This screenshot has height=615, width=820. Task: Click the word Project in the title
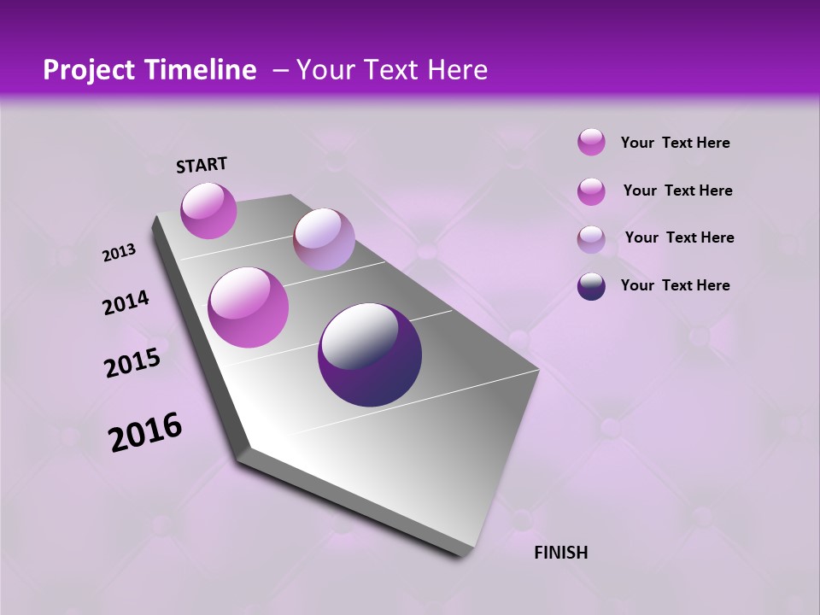pos(87,70)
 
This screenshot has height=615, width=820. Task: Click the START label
pos(202,165)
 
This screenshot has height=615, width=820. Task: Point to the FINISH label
pos(560,553)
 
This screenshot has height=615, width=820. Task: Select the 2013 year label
pos(119,253)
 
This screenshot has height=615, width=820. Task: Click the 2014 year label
pos(126,303)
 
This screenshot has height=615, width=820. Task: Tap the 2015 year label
pos(132,364)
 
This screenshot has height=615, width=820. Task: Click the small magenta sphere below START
pos(208,211)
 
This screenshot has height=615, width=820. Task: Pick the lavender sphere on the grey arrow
pos(324,239)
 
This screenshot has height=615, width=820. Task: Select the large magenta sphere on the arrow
pos(249,307)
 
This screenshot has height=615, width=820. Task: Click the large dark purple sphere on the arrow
pos(369,354)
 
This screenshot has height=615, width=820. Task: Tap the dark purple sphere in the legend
pos(591,286)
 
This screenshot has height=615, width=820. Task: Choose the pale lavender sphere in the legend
pos(591,239)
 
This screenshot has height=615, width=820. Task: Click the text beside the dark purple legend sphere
pos(675,285)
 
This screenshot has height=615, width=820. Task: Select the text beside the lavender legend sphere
pos(679,237)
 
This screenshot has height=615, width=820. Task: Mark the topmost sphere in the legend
pos(591,143)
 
